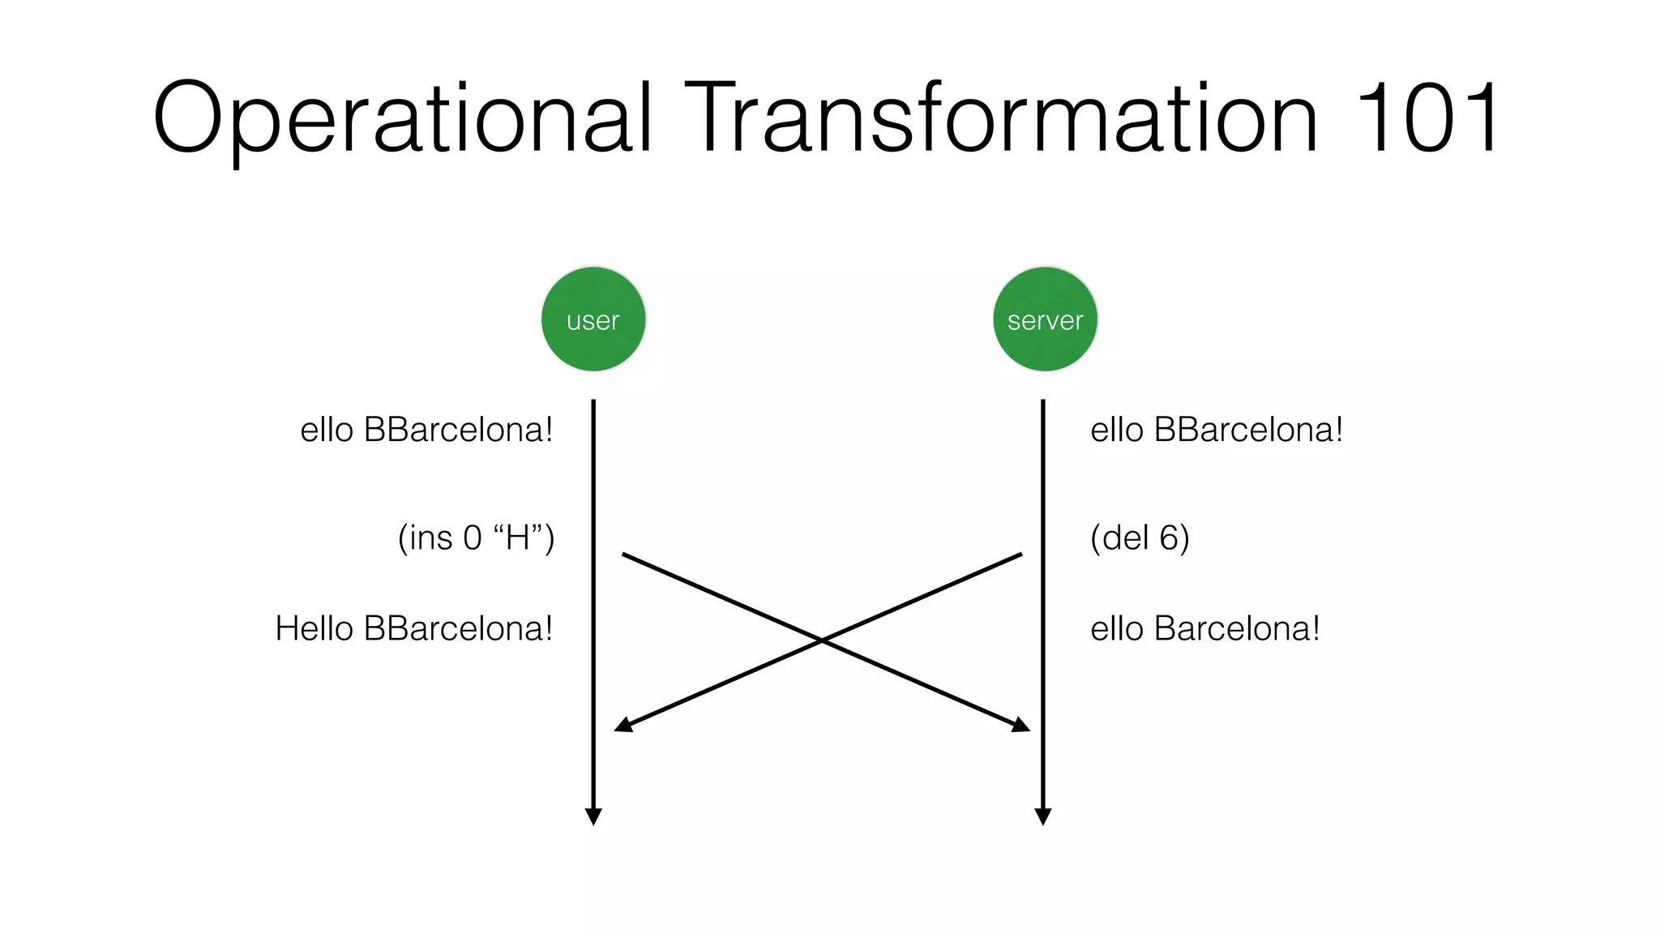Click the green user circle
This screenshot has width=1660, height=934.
(x=593, y=319)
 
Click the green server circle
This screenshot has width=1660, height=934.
(x=1045, y=319)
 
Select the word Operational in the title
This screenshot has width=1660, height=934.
(x=401, y=118)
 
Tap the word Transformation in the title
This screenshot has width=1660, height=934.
(x=1003, y=118)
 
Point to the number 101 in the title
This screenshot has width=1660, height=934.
(x=1427, y=118)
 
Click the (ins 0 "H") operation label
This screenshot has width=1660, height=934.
(x=476, y=538)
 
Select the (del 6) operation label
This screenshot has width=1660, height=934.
(x=1140, y=538)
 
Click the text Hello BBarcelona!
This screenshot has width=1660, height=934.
(x=413, y=628)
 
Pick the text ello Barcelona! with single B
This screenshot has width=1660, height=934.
(x=1204, y=628)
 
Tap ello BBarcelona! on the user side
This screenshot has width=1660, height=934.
(x=426, y=430)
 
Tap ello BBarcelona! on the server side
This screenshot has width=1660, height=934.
(x=1217, y=430)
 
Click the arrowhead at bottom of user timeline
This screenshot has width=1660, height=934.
(x=593, y=816)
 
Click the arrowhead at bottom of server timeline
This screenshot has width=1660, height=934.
(x=1043, y=816)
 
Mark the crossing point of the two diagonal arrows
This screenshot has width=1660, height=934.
(x=822, y=641)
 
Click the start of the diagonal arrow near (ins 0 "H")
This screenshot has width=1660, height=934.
(x=624, y=555)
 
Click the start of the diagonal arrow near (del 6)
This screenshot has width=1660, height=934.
(x=1020, y=555)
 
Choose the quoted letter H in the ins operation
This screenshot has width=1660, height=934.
(x=517, y=538)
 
